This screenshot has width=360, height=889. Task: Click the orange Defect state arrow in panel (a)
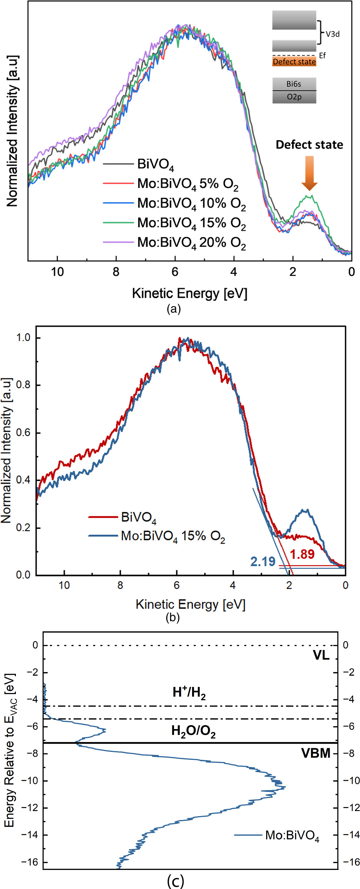pos(309,173)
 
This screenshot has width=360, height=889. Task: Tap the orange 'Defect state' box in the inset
pos(294,62)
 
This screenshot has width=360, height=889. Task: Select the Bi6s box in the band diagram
pos(294,84)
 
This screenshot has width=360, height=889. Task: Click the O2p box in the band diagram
pos(294,97)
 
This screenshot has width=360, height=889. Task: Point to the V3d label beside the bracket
pos(332,34)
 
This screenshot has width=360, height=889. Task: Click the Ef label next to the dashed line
pos(322,56)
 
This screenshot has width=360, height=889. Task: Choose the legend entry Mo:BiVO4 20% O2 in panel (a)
pos(191,242)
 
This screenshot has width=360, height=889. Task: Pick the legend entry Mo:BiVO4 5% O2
pos(187,184)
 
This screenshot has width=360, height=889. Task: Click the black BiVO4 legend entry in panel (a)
pos(155,164)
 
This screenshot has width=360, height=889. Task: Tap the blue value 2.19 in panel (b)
pos(263,562)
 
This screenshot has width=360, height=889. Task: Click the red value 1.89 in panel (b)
pos(302,554)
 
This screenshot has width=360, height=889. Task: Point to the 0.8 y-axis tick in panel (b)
pos(23,385)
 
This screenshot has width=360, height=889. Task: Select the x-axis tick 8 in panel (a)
pos(116,272)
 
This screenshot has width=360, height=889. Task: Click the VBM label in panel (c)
pos(316,753)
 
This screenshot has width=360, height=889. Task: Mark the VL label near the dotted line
pos(321,655)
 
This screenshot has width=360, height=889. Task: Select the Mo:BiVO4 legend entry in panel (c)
pos(292,835)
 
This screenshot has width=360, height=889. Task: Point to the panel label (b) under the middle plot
pos(173,618)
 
